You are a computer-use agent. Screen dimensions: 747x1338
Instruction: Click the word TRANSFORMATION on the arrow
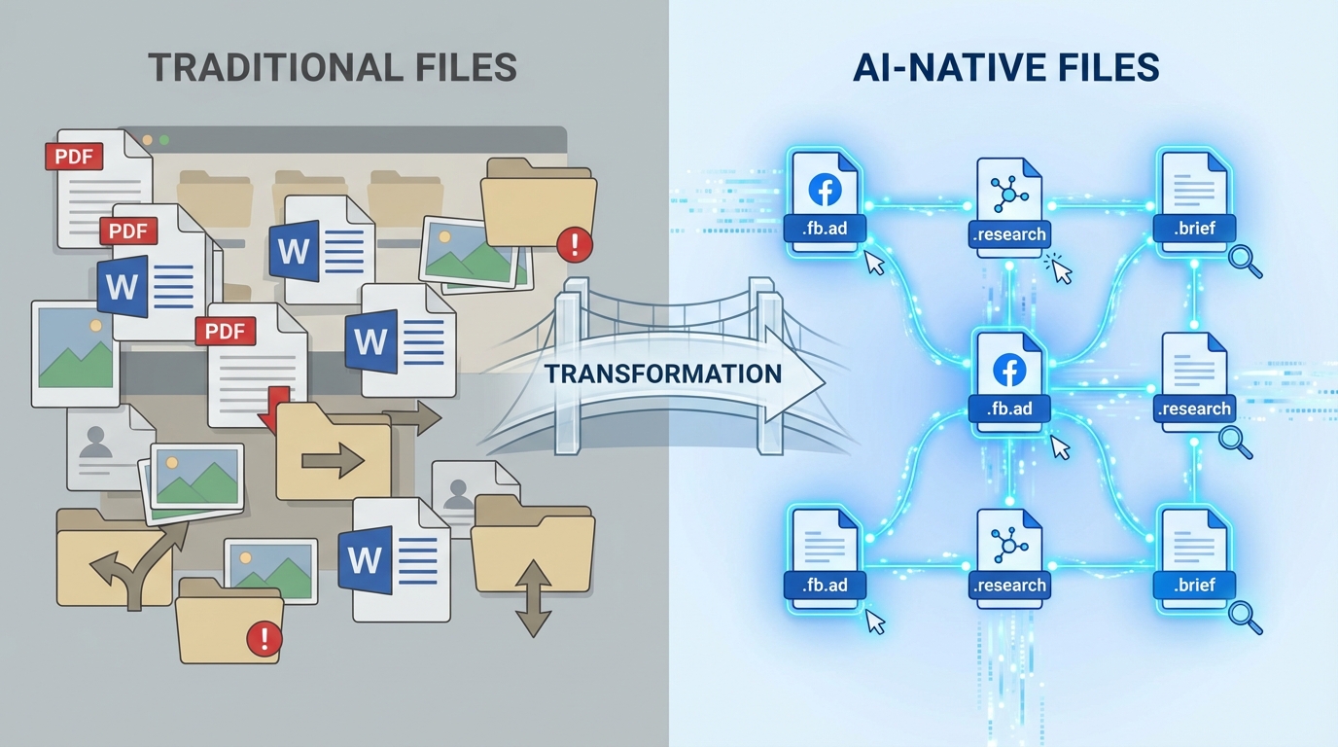click(x=663, y=374)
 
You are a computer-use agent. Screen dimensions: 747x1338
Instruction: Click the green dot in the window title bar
click(x=163, y=140)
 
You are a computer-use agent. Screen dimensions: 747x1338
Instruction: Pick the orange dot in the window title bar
click(x=148, y=140)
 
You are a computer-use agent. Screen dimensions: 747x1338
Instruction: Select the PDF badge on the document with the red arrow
click(x=225, y=331)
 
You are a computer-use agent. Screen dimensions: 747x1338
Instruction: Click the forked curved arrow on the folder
click(x=126, y=566)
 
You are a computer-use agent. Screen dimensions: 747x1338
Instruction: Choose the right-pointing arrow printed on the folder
click(x=333, y=459)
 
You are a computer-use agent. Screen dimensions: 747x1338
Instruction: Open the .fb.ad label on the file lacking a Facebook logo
click(x=826, y=586)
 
